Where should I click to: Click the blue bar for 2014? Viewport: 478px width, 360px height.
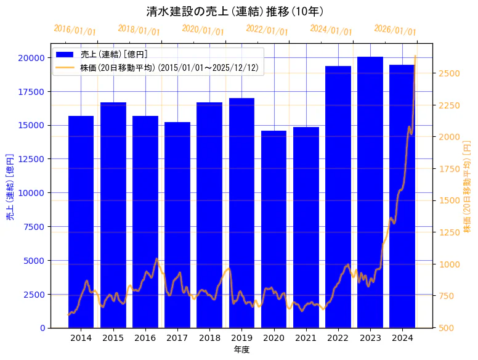pyautogui.click(x=81, y=222)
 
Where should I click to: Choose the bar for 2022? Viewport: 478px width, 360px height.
pyautogui.click(x=338, y=197)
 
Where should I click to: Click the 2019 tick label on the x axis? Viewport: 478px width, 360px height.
pyautogui.click(x=241, y=338)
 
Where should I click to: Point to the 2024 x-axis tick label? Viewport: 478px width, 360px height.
pyautogui.click(x=402, y=338)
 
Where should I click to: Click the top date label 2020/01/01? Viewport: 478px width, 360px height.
pyautogui.click(x=203, y=30)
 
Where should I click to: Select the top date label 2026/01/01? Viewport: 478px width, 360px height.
pyautogui.click(x=395, y=30)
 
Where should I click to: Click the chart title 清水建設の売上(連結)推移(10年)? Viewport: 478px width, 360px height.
pyautogui.click(x=235, y=12)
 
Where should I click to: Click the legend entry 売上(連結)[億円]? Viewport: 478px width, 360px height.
pyautogui.click(x=113, y=55)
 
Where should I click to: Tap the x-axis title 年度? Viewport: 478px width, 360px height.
pyautogui.click(x=241, y=350)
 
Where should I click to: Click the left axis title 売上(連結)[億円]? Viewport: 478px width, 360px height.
pyautogui.click(x=10, y=186)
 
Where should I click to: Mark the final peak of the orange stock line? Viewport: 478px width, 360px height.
pyautogui.click(x=415, y=57)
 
